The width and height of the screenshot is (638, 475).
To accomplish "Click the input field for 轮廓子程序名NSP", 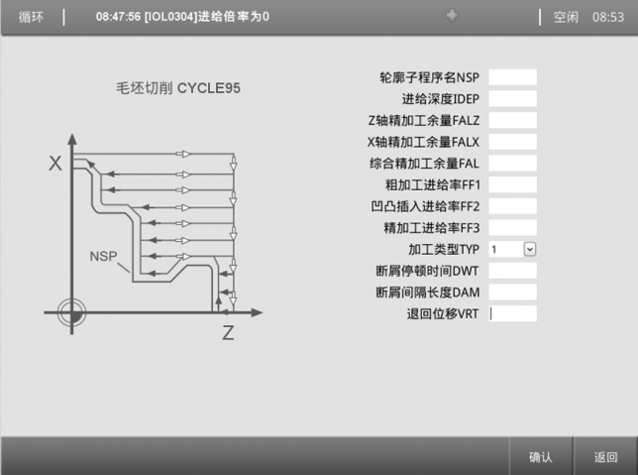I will [x=512, y=77].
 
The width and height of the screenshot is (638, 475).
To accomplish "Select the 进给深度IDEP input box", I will [x=512, y=99].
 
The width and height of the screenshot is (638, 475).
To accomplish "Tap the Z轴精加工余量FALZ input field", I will [x=512, y=120].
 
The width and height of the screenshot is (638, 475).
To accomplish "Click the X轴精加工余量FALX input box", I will [x=512, y=142].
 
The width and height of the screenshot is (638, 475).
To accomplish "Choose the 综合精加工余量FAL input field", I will [x=512, y=163].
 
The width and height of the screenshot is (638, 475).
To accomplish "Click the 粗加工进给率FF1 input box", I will [x=512, y=184].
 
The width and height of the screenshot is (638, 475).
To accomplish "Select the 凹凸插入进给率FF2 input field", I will [x=512, y=205].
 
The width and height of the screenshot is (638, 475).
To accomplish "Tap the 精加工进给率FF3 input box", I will [x=512, y=227].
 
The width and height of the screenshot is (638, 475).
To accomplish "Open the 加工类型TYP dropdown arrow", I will [x=530, y=249].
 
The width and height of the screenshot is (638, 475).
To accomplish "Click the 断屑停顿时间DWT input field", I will [x=512, y=271].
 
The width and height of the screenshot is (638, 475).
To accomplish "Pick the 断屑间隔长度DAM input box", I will [x=512, y=293].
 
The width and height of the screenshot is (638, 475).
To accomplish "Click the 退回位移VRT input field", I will [x=512, y=313].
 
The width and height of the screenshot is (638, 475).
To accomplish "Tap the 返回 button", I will [x=605, y=457].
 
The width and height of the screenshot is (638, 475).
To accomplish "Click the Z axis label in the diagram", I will [x=228, y=334].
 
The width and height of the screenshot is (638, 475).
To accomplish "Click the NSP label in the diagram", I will [x=103, y=256].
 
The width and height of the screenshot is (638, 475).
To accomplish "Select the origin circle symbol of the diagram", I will [x=70, y=312].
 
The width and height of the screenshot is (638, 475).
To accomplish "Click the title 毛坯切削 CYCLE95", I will [x=178, y=89].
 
